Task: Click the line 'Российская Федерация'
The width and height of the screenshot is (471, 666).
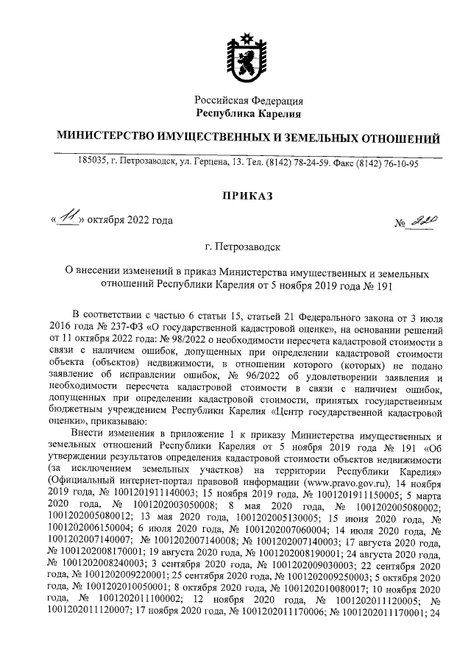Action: click(x=248, y=100)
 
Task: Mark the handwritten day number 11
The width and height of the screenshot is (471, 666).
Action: click(x=68, y=219)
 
